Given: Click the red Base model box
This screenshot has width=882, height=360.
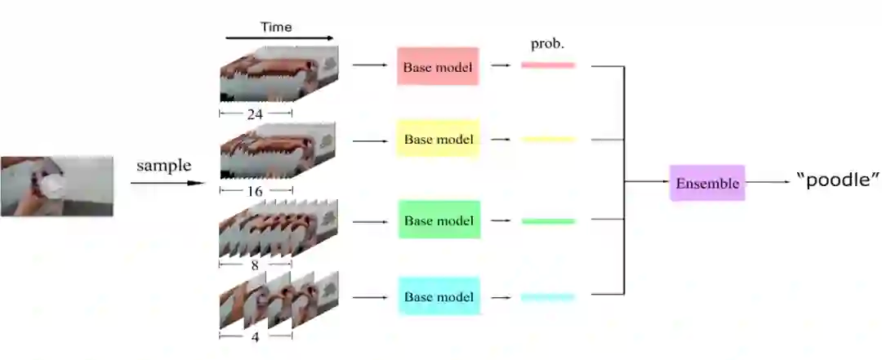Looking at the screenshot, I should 438,66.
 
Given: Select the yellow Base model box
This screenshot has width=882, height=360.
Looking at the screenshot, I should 438,139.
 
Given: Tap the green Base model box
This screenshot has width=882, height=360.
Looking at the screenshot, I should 439,220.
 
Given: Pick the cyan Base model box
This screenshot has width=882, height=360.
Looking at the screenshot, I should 439,296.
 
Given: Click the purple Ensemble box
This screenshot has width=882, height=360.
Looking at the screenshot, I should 707,183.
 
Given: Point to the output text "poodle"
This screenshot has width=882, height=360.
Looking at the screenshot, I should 836,180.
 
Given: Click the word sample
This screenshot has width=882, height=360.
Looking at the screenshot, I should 163,166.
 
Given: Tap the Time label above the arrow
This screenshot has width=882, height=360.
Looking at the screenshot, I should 276,27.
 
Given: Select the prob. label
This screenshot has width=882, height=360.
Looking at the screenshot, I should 547,43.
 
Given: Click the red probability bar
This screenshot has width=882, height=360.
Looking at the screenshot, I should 548,64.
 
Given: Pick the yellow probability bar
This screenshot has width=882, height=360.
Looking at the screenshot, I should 548,139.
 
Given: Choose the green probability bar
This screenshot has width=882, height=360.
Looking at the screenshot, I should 548,220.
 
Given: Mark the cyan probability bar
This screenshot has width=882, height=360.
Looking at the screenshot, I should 548,296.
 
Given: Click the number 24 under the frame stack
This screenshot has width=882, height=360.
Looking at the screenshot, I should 255,114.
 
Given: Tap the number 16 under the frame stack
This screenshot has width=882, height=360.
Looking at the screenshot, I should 255,189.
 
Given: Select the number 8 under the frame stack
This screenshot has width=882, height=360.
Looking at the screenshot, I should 255,265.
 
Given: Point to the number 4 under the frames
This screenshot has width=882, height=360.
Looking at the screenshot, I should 255,336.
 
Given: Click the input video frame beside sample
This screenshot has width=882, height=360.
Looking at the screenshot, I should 56,186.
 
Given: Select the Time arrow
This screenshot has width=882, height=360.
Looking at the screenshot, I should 279,38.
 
